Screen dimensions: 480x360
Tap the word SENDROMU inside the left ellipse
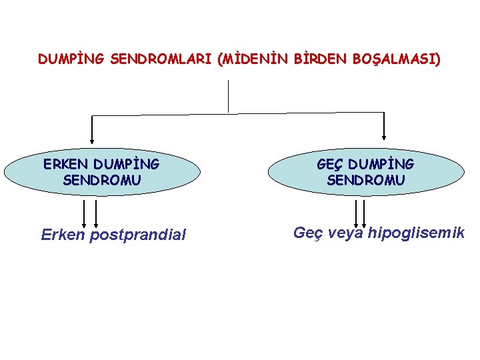click(x=102, y=179)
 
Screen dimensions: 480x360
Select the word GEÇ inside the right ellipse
click(x=330, y=164)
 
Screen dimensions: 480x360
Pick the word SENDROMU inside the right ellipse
click(x=366, y=179)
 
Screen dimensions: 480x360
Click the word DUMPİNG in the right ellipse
click(x=381, y=164)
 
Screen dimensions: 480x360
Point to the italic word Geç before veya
click(x=307, y=233)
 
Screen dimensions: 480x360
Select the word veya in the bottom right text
click(x=347, y=233)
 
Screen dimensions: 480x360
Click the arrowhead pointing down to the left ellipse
click(x=92, y=140)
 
